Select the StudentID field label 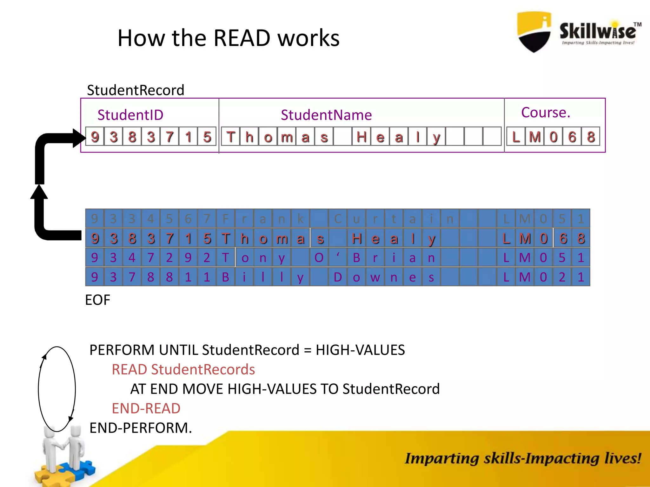click(x=130, y=115)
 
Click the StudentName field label click(x=326, y=115)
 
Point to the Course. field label click(x=546, y=113)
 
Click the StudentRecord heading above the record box click(x=136, y=90)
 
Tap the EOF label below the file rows click(x=97, y=300)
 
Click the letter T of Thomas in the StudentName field click(x=231, y=137)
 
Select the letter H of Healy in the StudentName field click(x=361, y=137)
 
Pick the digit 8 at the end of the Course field click(x=591, y=137)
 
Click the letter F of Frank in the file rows click(x=226, y=219)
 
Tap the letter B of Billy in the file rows click(x=226, y=277)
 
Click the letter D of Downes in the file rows click(x=338, y=277)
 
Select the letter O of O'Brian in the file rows click(x=319, y=258)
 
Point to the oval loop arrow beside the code click(x=57, y=389)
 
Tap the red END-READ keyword click(x=146, y=408)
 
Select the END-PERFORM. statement click(x=141, y=428)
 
